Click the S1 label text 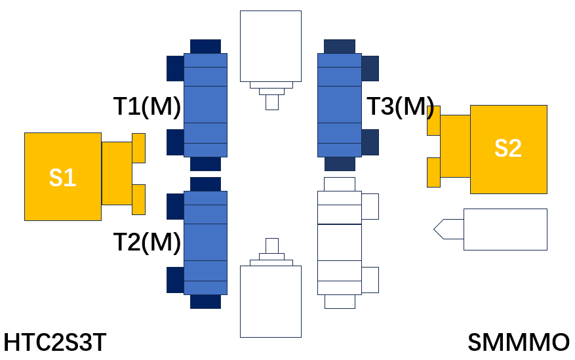coord(63,178)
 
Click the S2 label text coord(508,148)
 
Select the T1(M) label coord(147,107)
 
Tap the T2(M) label coord(147,242)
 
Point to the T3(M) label coord(401,106)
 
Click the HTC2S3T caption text coord(55,342)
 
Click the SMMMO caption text coord(519,342)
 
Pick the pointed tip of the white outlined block coord(434,229)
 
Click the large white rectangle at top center coord(271,46)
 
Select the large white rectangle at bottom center coord(271,302)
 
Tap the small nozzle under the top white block coord(272,102)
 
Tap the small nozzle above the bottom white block coord(272,246)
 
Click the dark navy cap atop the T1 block coord(205,47)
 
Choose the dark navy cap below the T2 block coord(205,302)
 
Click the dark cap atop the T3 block coord(340,47)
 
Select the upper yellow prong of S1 coord(138,148)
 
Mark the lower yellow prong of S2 coord(434,172)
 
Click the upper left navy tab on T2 coord(175,207)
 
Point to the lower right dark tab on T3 coord(370,142)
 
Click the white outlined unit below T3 coord(340,243)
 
